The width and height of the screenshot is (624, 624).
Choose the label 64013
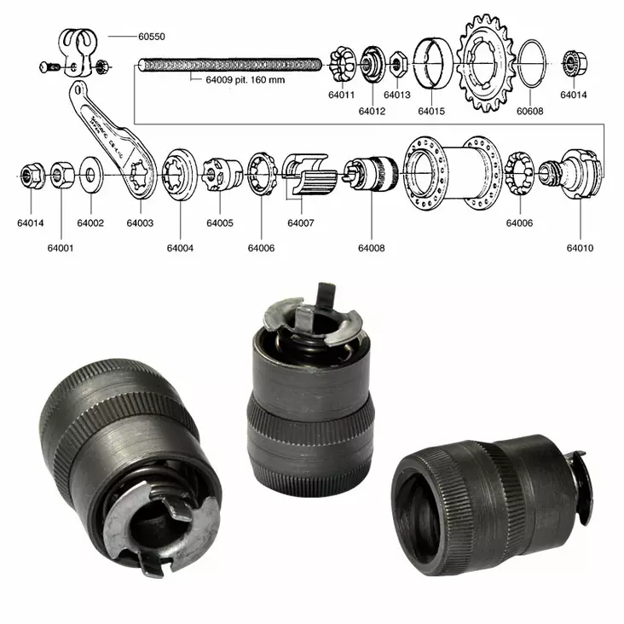[396, 95]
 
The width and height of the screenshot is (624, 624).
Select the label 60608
[529, 110]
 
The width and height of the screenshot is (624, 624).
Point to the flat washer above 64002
[90, 176]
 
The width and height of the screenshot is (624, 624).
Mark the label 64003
[140, 223]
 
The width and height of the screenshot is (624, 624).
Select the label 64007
[300, 223]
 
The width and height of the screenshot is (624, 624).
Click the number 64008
[371, 248]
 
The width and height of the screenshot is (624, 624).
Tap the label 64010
[580, 248]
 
